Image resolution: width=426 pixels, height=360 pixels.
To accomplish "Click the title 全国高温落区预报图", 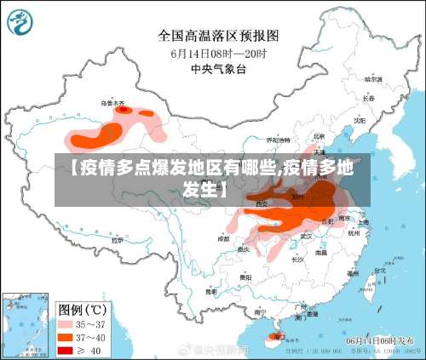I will coord(219,36).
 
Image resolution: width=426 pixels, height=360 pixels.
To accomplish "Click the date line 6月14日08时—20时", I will coord(219,53).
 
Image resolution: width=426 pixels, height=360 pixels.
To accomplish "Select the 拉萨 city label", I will coord(117,241).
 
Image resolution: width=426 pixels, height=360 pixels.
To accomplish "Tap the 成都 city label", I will coord(223,239).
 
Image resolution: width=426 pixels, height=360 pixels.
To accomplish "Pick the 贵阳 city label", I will coord(245,277).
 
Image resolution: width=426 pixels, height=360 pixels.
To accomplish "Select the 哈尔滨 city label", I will coord(373,79).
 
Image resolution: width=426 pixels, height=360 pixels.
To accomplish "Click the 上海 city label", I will coord(364,222).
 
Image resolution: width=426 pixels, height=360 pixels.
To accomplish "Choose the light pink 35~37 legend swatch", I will coord(67,323).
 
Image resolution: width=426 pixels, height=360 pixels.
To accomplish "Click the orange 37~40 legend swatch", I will coord(67,336).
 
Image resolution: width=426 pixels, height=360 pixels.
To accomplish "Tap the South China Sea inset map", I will coord(24,323).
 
